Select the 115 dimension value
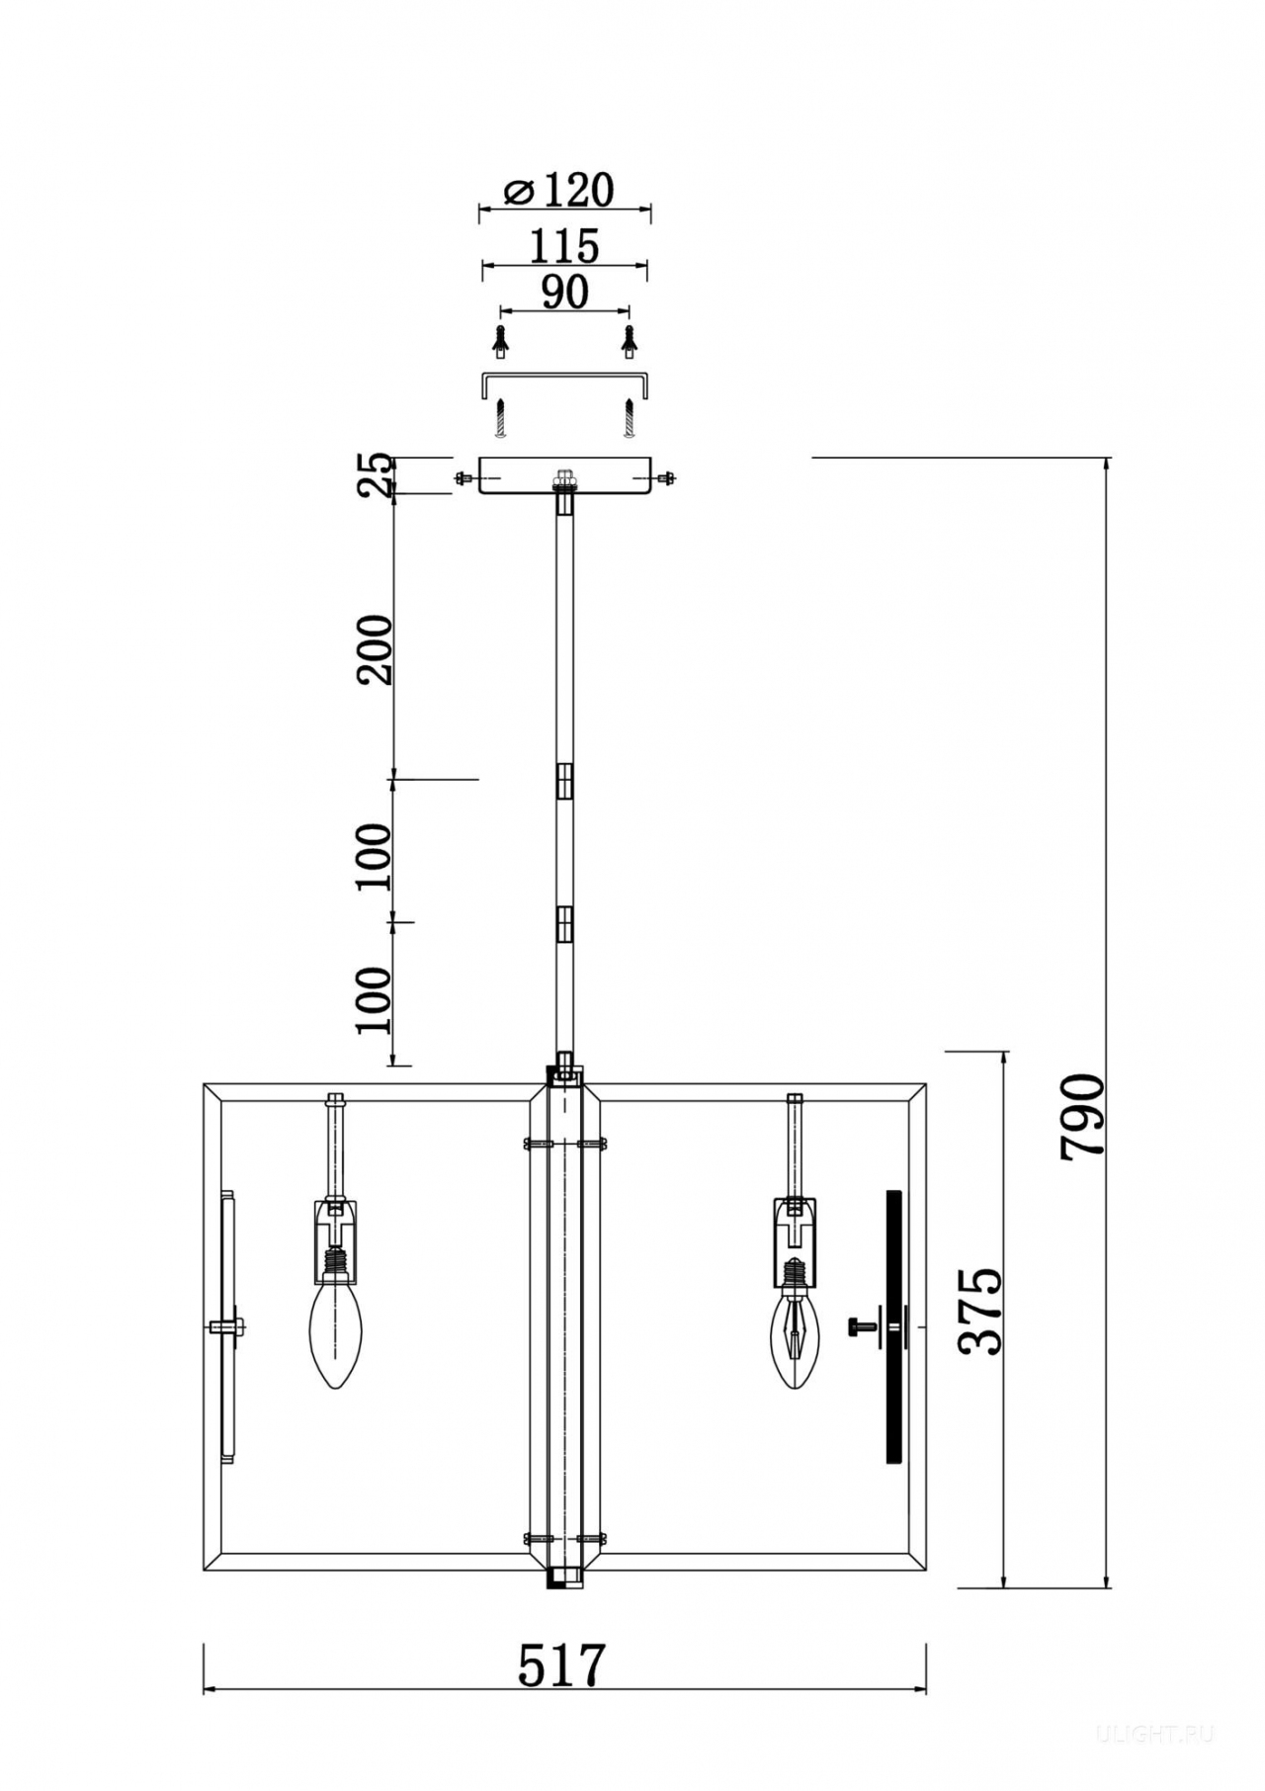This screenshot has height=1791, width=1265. [564, 245]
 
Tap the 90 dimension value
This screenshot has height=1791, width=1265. [565, 292]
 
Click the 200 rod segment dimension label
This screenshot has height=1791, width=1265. [376, 649]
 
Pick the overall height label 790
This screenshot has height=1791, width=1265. [1081, 1117]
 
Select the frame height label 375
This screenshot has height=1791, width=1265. [982, 1311]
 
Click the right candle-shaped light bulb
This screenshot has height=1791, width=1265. [795, 1327]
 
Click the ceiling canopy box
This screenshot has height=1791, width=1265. [564, 475]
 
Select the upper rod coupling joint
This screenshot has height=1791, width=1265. [564, 780]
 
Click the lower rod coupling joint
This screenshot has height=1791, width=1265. [564, 926]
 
